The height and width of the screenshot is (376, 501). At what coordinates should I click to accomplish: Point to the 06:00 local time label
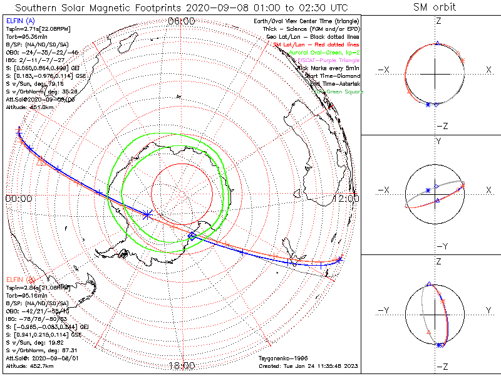(x=182, y=21)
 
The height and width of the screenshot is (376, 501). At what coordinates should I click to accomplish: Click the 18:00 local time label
(x=182, y=366)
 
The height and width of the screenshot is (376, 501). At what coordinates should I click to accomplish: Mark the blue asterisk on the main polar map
(x=147, y=214)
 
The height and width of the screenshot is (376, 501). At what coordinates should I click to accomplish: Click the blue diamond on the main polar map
(x=192, y=236)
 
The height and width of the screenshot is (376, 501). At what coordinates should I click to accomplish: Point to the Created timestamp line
(x=307, y=365)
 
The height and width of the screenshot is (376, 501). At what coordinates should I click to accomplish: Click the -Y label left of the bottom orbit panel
(x=385, y=310)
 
